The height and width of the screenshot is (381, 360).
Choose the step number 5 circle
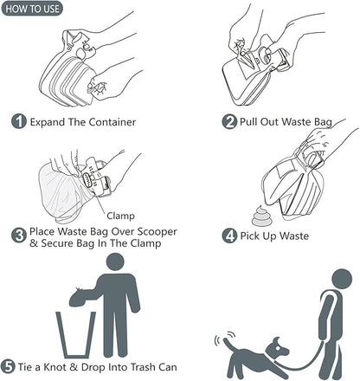[x=9, y=366]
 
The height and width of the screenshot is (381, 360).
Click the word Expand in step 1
[x=51, y=122]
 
